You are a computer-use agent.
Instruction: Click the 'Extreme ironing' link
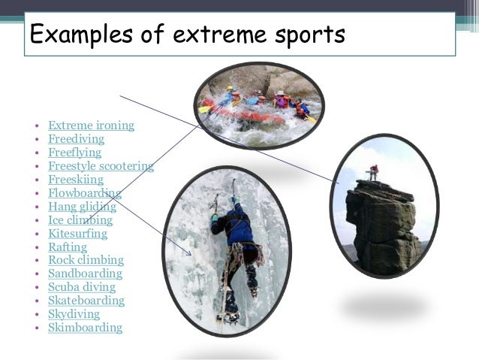91,126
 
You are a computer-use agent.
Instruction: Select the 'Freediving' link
76,139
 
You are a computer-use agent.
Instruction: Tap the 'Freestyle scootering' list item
100,166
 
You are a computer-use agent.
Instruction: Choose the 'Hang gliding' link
82,207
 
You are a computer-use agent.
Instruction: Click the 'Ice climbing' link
80,220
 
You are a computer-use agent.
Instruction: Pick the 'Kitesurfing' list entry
77,234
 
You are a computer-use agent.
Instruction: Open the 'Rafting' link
68,247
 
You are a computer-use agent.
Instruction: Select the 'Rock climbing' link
86,260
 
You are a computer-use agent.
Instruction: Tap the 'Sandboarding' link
85,274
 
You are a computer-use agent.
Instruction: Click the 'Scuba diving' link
82,287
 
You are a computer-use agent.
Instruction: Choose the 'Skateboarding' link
86,301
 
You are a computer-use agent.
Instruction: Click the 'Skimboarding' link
85,328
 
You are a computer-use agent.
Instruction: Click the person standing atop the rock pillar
373,172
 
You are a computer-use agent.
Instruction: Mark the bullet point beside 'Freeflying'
37,153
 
